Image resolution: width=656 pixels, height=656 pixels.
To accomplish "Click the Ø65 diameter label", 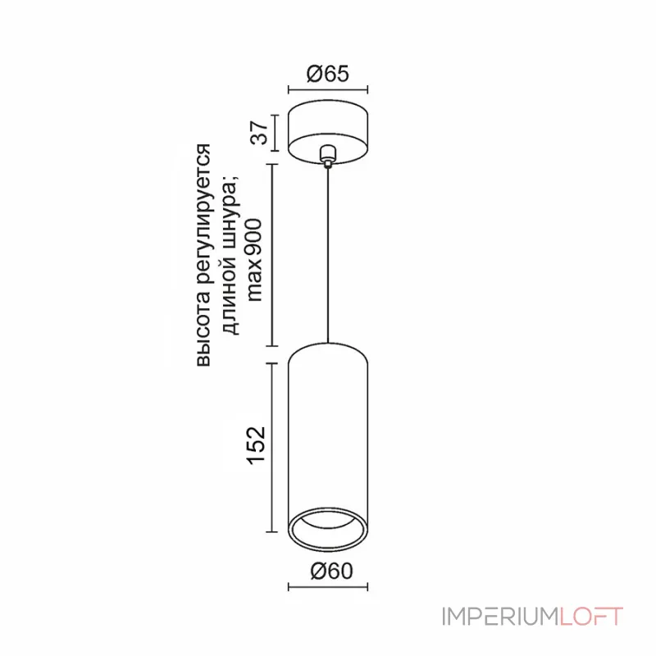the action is [327, 74].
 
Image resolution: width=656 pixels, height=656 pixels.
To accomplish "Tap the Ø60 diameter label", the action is [332, 571].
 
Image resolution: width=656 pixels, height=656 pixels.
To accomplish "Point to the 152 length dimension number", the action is [257, 445].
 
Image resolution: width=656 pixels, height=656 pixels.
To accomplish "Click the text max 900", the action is [254, 260].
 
